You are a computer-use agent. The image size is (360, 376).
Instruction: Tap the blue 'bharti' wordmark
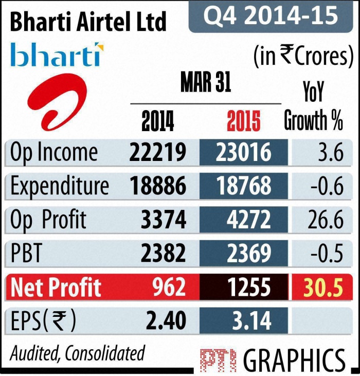57,56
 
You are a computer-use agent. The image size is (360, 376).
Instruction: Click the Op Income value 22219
158,153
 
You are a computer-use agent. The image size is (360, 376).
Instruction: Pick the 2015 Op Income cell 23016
243,153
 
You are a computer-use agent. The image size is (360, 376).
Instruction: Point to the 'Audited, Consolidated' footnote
78,353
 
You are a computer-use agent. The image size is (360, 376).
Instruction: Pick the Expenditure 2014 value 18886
158,187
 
